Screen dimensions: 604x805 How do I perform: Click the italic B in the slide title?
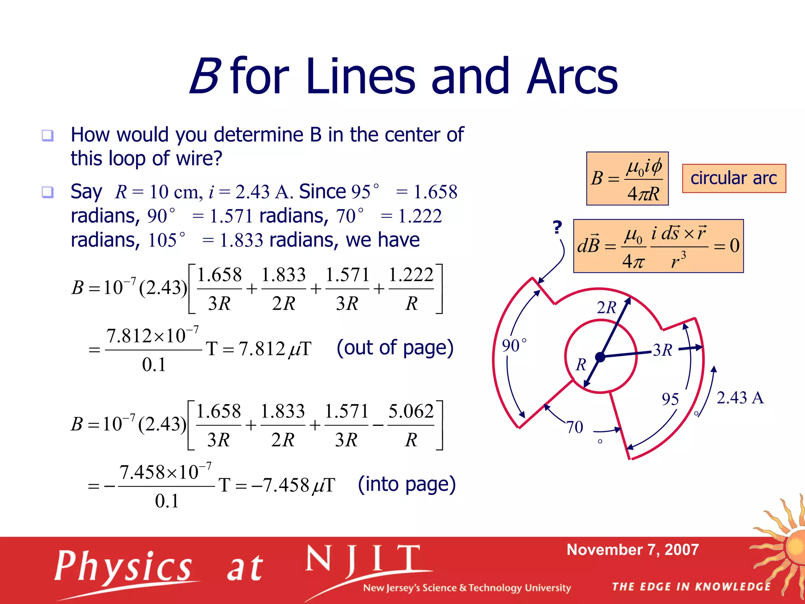point(204,77)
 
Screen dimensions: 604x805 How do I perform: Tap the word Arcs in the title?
point(572,77)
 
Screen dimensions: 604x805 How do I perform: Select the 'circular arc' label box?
point(734,178)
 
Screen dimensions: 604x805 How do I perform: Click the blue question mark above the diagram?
point(557,227)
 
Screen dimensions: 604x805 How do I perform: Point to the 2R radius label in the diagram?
point(607,308)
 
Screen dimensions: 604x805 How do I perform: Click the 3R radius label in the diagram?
point(663,350)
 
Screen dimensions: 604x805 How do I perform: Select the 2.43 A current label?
point(740,398)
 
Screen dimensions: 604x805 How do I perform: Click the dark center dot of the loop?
point(600,357)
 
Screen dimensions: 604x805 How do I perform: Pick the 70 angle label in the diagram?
point(574,427)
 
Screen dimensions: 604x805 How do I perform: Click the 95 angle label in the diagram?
point(670,399)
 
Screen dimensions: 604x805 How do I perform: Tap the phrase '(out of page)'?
point(395,348)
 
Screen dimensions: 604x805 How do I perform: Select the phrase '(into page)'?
point(407,484)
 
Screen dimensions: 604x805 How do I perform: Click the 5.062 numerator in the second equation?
point(411,411)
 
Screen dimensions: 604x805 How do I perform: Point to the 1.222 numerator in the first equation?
point(411,274)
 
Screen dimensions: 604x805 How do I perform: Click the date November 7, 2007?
point(633,550)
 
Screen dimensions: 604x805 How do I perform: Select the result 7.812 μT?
point(275,349)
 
